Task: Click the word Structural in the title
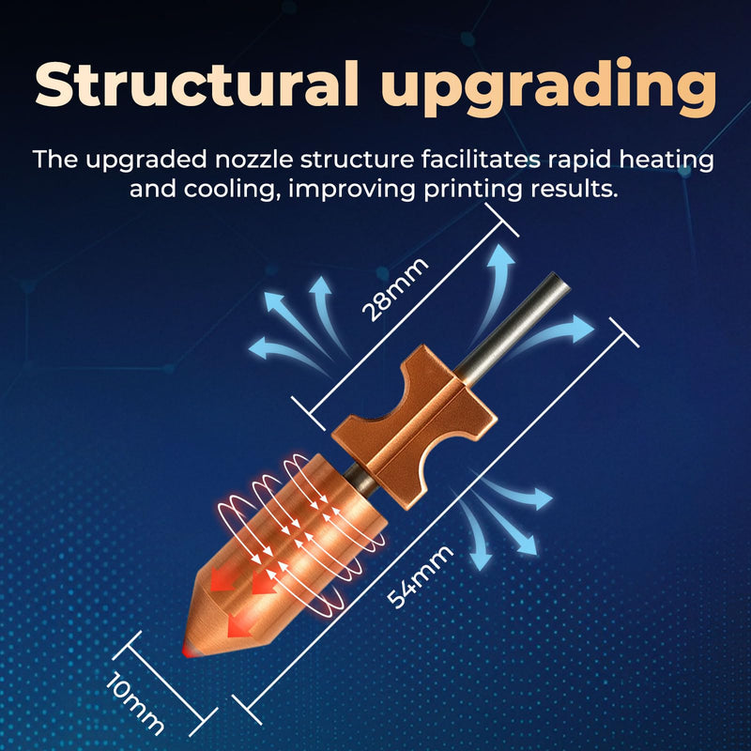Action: pyautogui.click(x=197, y=84)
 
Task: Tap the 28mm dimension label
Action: pyautogui.click(x=394, y=289)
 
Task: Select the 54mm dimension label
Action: pyautogui.click(x=420, y=576)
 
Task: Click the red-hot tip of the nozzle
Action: pyautogui.click(x=186, y=651)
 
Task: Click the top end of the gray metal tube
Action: pyautogui.click(x=560, y=280)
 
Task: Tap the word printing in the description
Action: pyautogui.click(x=473, y=190)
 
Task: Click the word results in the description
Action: pyautogui.click(x=575, y=189)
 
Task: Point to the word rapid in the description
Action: pyautogui.click(x=579, y=161)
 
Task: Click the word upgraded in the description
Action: pyautogui.click(x=146, y=161)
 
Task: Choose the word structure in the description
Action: pyautogui.click(x=357, y=160)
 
